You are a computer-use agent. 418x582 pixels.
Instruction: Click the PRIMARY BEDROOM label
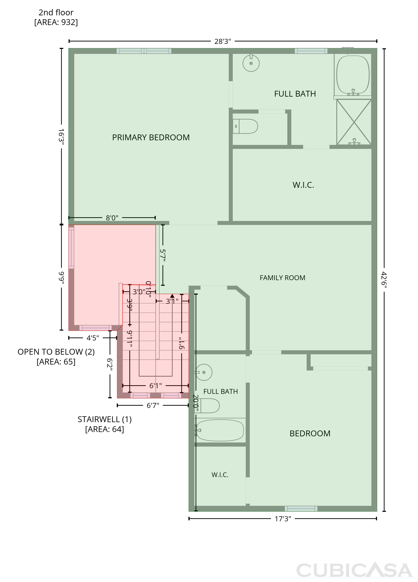pyautogui.click(x=151, y=138)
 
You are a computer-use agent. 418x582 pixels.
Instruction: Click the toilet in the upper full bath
pyautogui.click(x=245, y=126)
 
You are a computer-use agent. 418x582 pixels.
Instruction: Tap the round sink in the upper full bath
pyautogui.click(x=251, y=63)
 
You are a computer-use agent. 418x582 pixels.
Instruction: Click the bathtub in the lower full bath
pyautogui.click(x=220, y=430)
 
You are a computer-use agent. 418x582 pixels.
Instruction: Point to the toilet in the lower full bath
pyautogui.click(x=207, y=406)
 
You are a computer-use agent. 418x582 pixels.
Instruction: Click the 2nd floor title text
pyautogui.click(x=56, y=12)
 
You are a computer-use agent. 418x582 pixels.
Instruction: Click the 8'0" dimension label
pyautogui.click(x=112, y=218)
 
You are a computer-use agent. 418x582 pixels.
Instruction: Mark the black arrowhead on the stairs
pyautogui.click(x=172, y=296)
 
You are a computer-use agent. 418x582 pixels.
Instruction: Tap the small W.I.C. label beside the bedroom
pyautogui.click(x=220, y=475)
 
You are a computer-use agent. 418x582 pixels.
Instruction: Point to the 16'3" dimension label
pyautogui.click(x=61, y=137)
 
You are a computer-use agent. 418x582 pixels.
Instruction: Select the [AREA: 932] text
pyautogui.click(x=56, y=22)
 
